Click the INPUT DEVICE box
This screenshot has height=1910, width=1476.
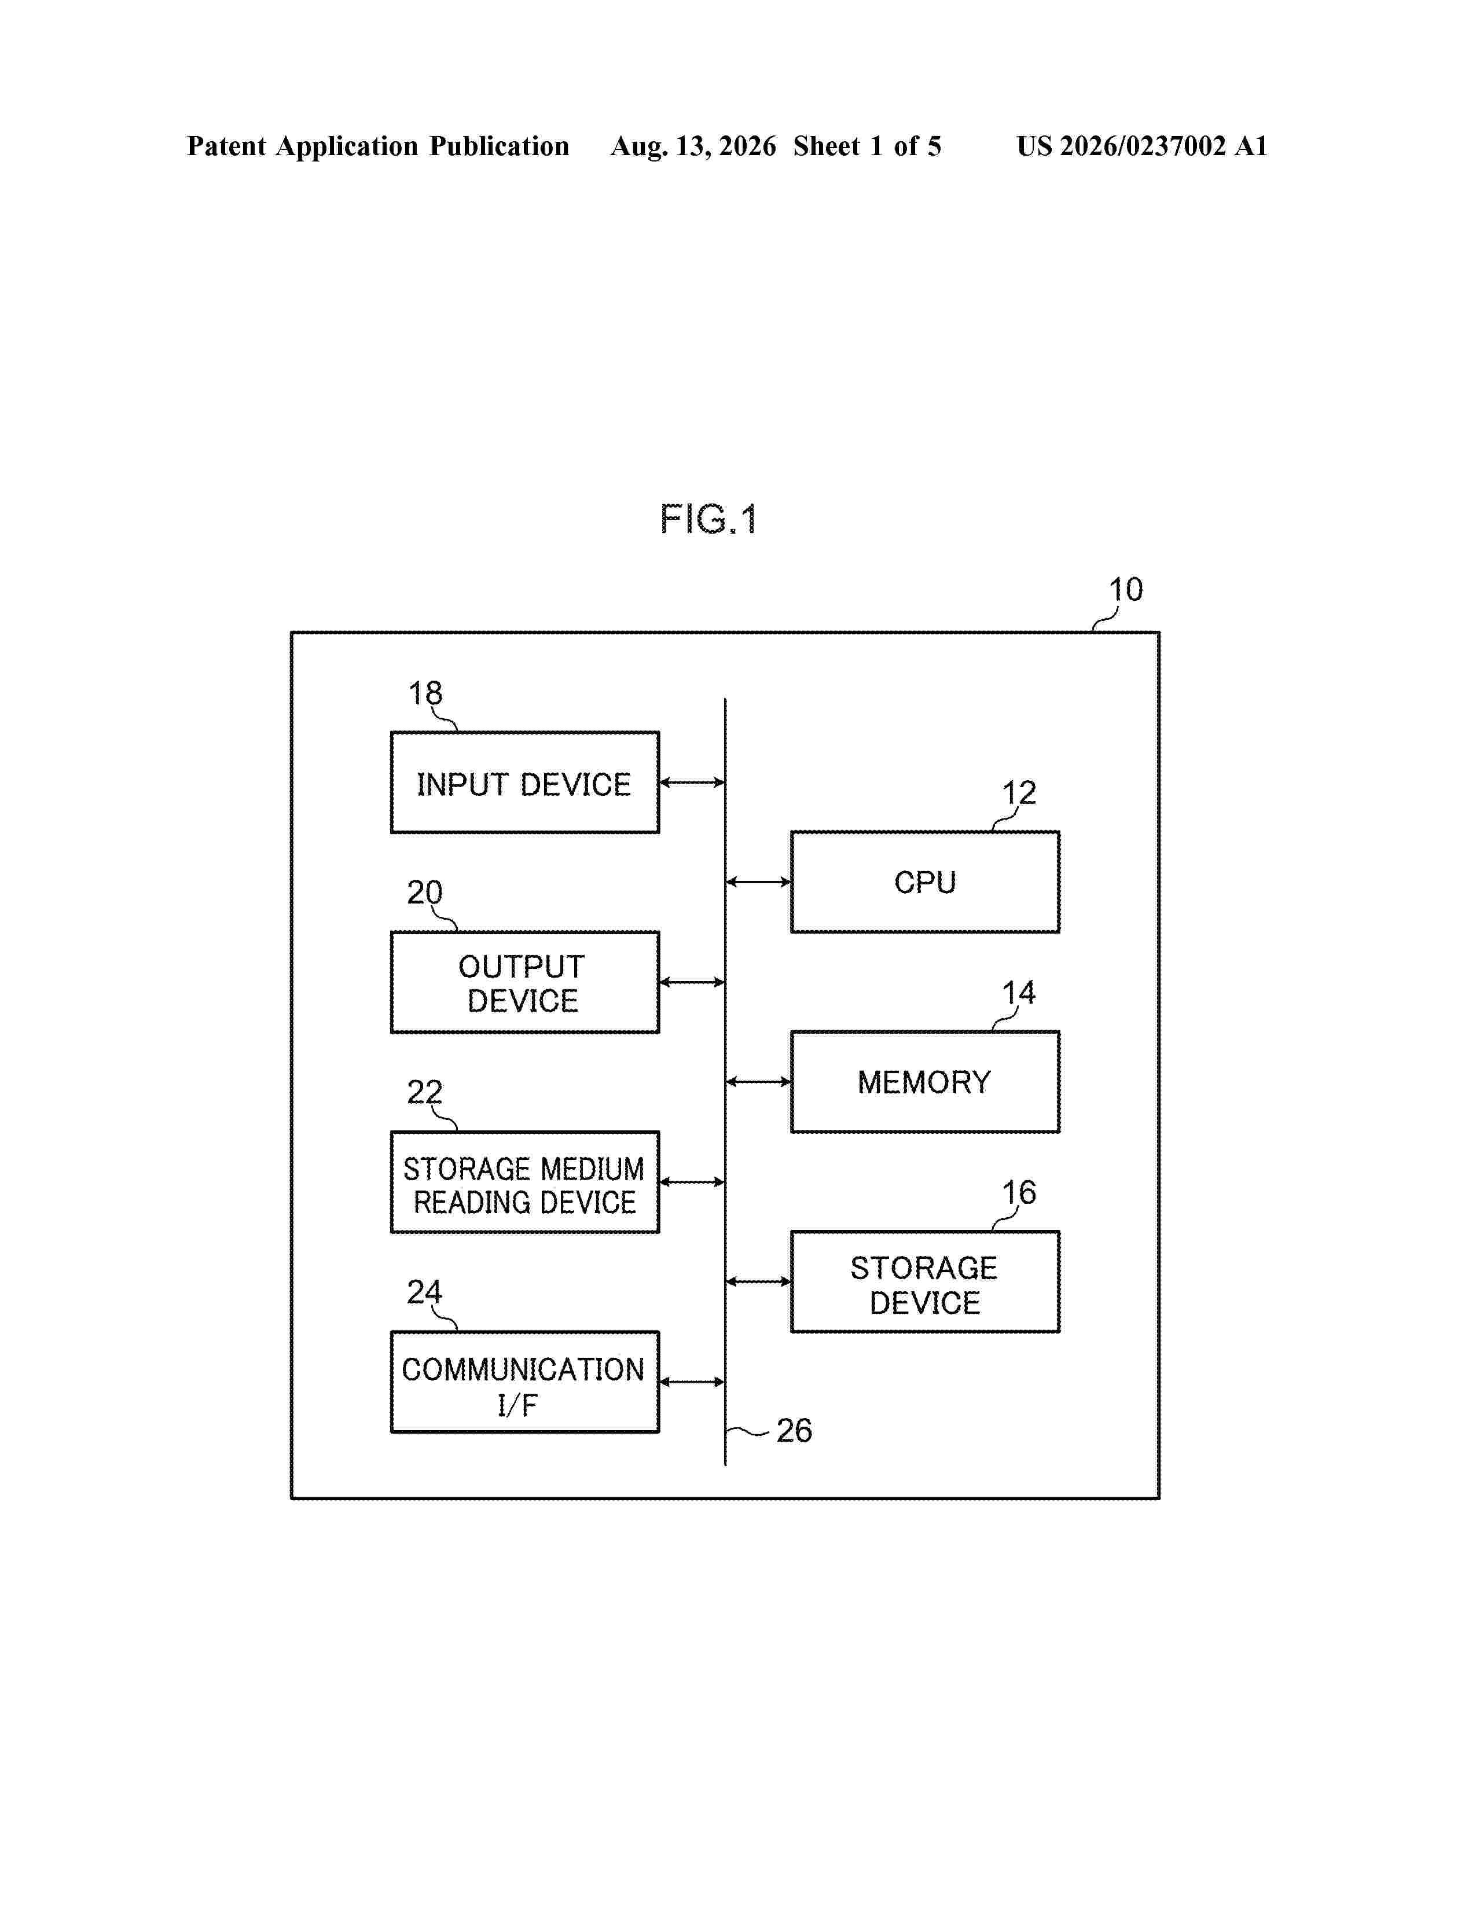[524, 782]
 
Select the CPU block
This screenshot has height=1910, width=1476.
[925, 881]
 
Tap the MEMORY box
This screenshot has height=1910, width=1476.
[925, 1082]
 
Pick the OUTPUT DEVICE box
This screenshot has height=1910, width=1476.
[524, 982]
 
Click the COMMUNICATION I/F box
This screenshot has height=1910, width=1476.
[524, 1382]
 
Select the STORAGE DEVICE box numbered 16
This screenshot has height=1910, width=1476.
[925, 1282]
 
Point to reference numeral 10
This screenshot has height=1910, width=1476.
[1125, 589]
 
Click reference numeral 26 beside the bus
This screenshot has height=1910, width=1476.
[794, 1431]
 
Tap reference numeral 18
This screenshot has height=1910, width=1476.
[426, 693]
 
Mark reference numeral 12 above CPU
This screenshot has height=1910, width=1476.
[1019, 793]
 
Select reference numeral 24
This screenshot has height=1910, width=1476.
[425, 1292]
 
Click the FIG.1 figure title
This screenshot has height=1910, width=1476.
[708, 520]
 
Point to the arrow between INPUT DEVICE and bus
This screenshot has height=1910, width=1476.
[692, 782]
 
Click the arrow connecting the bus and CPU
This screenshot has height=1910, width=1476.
[758, 881]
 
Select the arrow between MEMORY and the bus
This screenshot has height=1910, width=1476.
[758, 1082]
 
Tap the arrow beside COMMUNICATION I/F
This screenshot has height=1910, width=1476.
[692, 1382]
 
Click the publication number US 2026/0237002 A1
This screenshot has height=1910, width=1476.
[1142, 146]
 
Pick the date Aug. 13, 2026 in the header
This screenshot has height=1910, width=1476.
[693, 146]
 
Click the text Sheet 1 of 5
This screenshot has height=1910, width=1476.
[868, 146]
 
